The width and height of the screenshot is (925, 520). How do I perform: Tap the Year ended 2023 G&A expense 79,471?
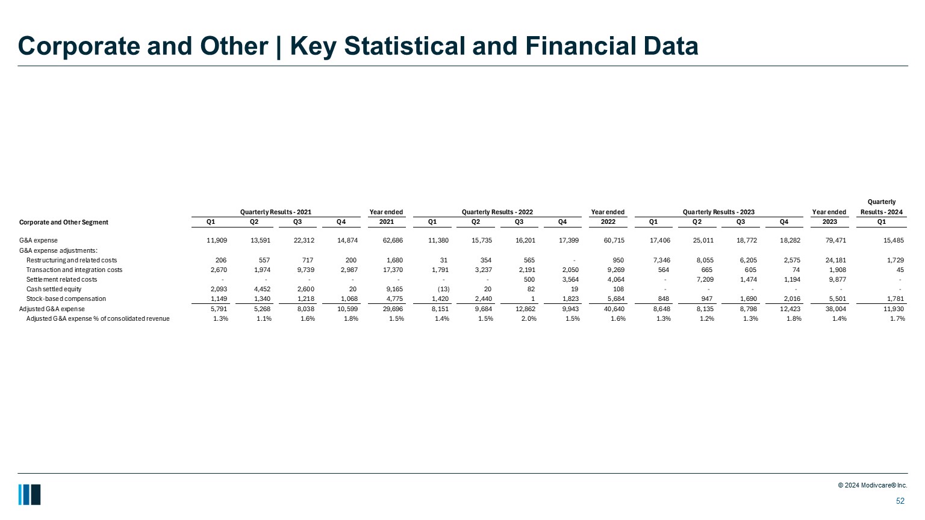pos(834,240)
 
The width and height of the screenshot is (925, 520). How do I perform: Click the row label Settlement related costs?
pos(61,279)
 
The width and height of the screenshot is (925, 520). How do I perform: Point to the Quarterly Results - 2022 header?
pos(497,212)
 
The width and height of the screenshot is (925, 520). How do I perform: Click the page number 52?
pos(900,501)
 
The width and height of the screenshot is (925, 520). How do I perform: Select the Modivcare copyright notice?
pos(873,485)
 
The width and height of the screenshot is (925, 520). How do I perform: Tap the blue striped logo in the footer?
pos(30,494)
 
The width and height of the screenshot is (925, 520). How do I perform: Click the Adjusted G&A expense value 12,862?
pos(523,309)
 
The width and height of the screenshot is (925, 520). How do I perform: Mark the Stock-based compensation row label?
pos(66,299)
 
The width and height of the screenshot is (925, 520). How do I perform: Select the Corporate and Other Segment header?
pos(64,222)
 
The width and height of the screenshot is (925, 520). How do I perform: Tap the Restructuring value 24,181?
pos(834,260)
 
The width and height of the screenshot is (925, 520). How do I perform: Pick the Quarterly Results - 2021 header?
pos(276,212)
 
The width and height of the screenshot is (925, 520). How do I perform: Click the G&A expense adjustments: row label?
pos(58,250)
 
